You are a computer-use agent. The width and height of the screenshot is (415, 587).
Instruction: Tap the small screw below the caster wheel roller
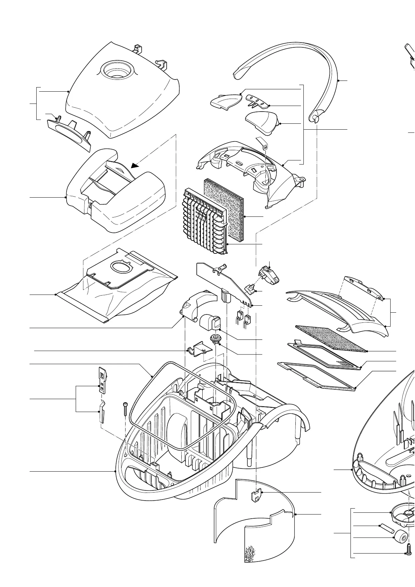point(409,549)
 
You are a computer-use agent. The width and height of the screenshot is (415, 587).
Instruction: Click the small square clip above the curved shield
point(256,495)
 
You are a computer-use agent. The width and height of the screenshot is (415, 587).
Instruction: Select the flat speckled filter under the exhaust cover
point(331,338)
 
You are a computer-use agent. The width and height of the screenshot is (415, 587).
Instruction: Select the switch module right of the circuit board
point(271,273)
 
